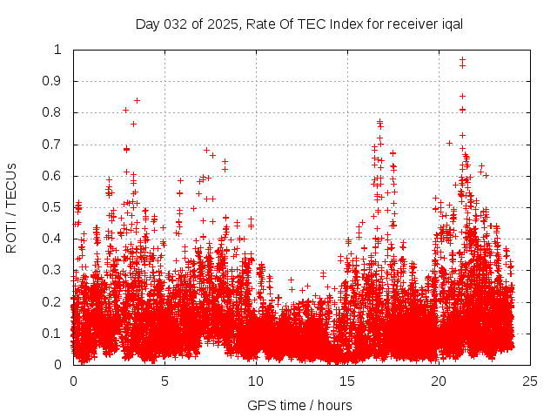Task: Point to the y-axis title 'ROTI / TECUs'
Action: tap(11, 207)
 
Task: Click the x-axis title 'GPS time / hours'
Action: tap(299, 405)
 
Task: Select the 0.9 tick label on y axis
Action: tap(53, 81)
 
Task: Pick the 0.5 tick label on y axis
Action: tap(53, 207)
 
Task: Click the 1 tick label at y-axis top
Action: tap(58, 50)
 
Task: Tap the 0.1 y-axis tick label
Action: tap(53, 334)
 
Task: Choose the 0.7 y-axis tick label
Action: tap(53, 145)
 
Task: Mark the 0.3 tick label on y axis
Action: tap(53, 270)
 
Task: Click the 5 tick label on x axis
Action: tap(164, 381)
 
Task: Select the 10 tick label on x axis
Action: tap(256, 381)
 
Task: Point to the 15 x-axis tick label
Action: tap(347, 381)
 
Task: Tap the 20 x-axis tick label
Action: tap(439, 381)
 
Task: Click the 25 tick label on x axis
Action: tap(530, 381)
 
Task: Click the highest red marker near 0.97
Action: tap(462, 60)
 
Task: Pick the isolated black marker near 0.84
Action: tap(137, 100)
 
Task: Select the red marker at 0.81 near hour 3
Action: tap(126, 110)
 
